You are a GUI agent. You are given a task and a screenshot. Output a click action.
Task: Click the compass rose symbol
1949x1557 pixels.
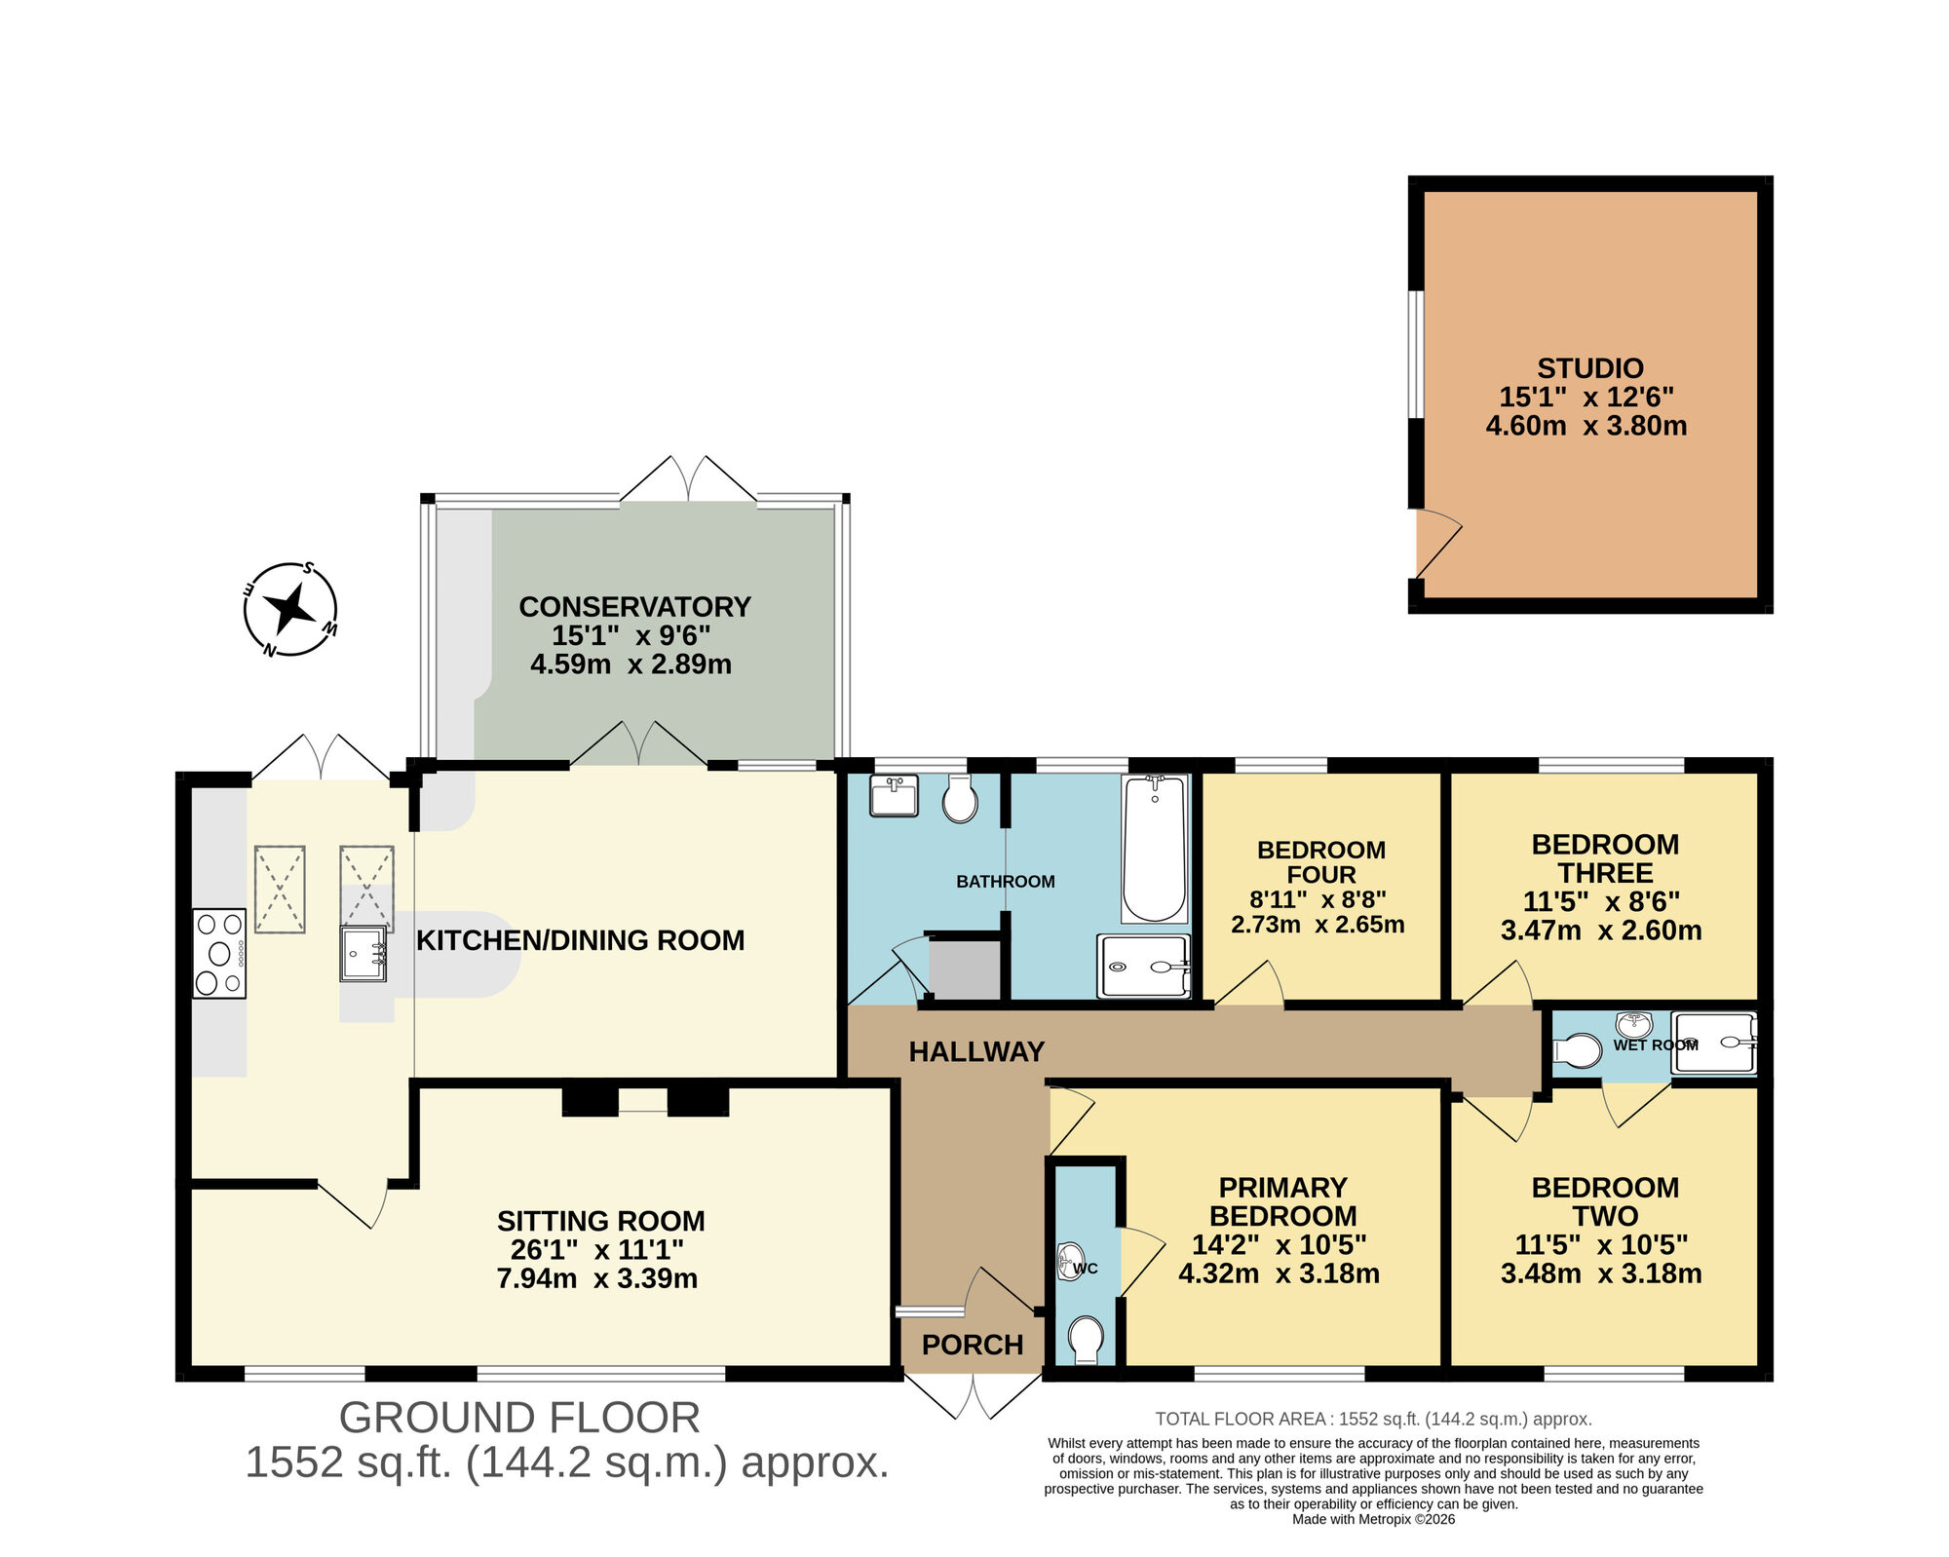[290, 610]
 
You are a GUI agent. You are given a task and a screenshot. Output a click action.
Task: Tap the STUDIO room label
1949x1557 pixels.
[1589, 368]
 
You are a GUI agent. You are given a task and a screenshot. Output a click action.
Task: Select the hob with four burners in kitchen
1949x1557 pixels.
[219, 953]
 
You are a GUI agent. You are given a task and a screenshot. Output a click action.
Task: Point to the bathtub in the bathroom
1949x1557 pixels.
[1154, 849]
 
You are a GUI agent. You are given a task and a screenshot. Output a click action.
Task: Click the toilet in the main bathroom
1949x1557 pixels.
[960, 801]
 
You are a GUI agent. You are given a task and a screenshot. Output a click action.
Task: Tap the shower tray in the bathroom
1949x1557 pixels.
[1144, 967]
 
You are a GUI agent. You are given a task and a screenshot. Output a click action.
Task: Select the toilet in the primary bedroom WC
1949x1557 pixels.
[1086, 1339]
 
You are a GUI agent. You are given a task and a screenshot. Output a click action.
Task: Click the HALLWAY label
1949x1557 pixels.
[976, 1051]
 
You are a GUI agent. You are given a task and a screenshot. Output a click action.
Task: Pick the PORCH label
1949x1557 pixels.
[973, 1345]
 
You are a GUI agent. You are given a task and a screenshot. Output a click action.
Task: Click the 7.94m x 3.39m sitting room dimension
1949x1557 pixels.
[597, 1277]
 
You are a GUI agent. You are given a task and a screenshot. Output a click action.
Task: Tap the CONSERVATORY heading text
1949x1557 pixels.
[634, 606]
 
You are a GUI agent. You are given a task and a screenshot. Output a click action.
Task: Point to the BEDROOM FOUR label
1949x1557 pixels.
[1320, 862]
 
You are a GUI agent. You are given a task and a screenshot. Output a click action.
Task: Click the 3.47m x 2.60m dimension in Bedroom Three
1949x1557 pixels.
[1601, 930]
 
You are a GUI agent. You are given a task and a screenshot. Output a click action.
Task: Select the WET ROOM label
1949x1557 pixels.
[1655, 1045]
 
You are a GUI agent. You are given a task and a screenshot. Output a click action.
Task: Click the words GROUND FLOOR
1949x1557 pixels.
[519, 1418]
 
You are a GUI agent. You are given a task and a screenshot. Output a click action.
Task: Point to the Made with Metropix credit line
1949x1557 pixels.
[1373, 1519]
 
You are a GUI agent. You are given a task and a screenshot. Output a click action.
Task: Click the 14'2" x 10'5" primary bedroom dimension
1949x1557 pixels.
[1279, 1244]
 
